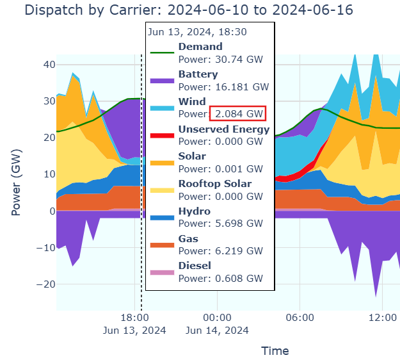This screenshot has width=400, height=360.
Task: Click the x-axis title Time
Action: point(275,350)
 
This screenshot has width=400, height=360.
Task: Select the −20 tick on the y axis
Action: point(45,284)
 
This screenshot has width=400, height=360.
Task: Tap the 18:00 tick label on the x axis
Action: point(134,317)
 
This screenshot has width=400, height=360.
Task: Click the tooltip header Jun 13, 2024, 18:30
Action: point(197,31)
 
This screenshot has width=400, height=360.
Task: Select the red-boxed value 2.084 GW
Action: point(238,114)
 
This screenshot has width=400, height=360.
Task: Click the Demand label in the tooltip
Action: point(200,47)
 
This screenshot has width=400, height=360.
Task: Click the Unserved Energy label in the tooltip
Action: point(224,129)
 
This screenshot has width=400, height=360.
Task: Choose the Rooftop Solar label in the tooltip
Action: point(215,184)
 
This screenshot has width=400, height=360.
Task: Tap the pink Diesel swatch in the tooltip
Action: point(162,273)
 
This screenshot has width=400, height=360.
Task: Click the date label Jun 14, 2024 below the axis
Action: point(217,331)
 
